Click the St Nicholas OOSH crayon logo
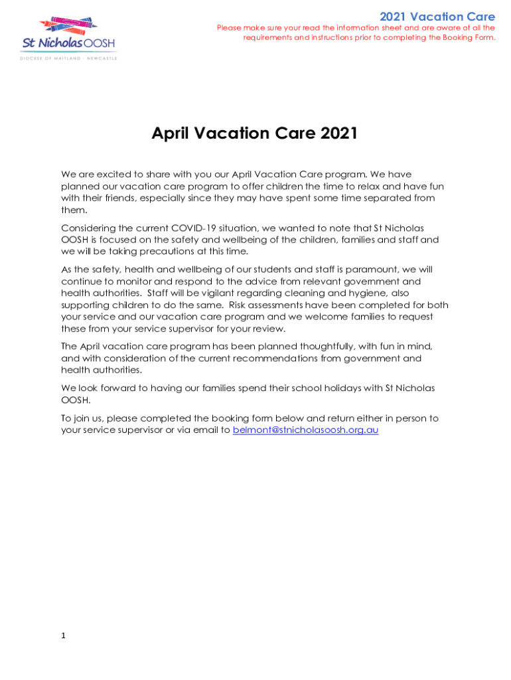click(69, 35)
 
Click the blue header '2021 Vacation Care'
click(437, 17)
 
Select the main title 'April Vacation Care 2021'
click(255, 133)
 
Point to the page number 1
click(63, 636)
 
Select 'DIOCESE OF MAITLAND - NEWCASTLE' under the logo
click(68, 58)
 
